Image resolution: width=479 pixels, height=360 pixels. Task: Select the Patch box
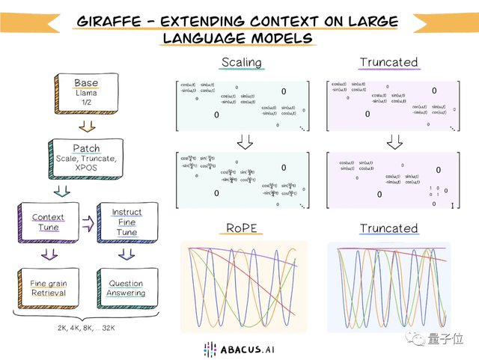[x=86, y=158]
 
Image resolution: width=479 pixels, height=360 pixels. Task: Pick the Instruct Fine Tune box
[x=127, y=222]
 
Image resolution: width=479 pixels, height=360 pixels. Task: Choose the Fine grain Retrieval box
[x=48, y=287]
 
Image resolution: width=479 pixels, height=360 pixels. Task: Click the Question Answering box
[x=126, y=287]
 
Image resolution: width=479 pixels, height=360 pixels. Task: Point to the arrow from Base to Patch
[x=86, y=125]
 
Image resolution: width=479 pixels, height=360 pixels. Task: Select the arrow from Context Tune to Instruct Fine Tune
[x=87, y=222]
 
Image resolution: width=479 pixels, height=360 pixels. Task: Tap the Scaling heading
[x=242, y=61]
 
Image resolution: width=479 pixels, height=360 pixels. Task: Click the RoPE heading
[x=244, y=228]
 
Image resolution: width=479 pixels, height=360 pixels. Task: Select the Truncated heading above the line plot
[x=388, y=228]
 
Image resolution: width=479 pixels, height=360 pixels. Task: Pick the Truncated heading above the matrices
[x=388, y=61]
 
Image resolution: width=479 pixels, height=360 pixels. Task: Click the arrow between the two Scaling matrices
[x=244, y=141]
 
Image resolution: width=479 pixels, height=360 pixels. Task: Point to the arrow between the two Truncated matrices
[x=394, y=141]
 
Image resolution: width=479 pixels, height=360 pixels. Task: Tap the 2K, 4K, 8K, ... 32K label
[x=86, y=327]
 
